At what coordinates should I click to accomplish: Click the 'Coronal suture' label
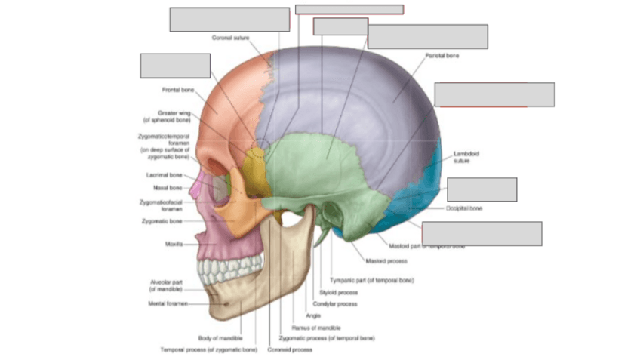[230, 37]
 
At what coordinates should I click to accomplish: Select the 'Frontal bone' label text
[178, 90]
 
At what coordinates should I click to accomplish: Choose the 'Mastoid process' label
[386, 261]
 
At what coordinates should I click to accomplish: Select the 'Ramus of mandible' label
[316, 328]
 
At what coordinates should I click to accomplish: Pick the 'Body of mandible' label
[220, 338]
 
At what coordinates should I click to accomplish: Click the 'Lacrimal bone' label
[162, 174]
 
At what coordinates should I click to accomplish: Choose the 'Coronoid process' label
[290, 349]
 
